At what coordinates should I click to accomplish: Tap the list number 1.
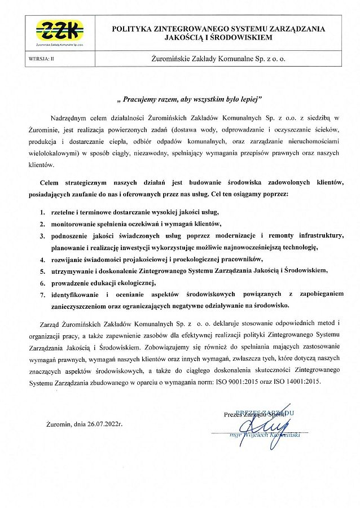[42, 213]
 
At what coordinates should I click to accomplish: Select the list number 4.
[42, 260]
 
